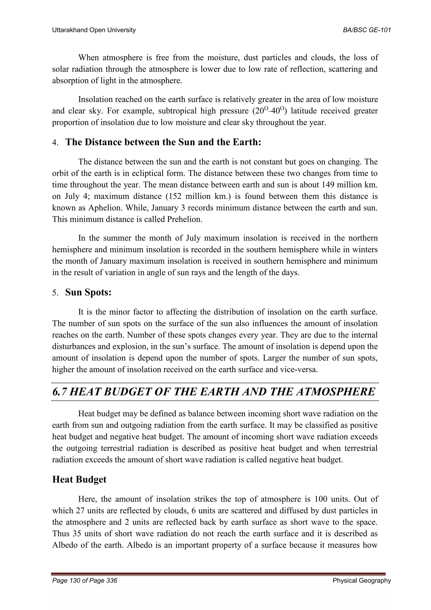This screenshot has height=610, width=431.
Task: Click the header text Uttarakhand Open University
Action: tap(94, 30)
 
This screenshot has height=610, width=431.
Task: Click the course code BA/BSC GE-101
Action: tap(367, 30)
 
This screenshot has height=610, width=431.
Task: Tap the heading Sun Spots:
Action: tap(88, 293)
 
